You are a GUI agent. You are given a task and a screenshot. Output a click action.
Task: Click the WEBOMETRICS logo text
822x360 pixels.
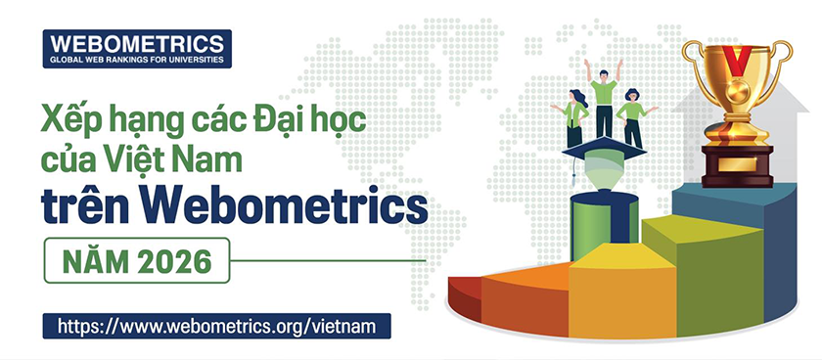pyautogui.click(x=136, y=43)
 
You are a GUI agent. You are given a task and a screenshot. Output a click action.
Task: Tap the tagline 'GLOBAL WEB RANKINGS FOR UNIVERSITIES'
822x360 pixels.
pyautogui.click(x=136, y=60)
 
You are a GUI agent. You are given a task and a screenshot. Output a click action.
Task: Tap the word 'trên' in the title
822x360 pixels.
pyautogui.click(x=84, y=206)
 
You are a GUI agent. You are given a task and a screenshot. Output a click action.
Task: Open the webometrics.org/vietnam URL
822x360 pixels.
pyautogui.click(x=216, y=326)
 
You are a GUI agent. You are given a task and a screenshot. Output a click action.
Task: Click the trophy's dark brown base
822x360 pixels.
pyautogui.click(x=737, y=165)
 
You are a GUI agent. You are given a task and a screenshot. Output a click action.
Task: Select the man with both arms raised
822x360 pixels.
pyautogui.click(x=604, y=98)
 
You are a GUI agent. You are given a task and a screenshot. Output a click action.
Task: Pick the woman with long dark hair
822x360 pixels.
pyautogui.click(x=575, y=115)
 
